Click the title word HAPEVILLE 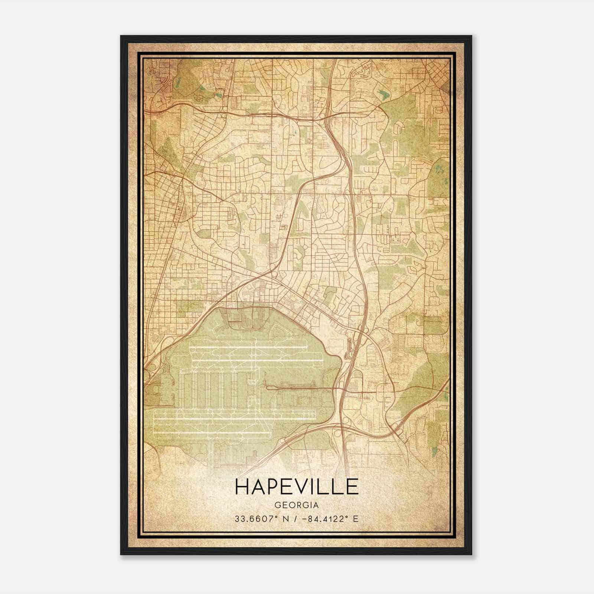pyautogui.click(x=297, y=487)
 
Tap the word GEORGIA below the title pyautogui.click(x=297, y=505)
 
